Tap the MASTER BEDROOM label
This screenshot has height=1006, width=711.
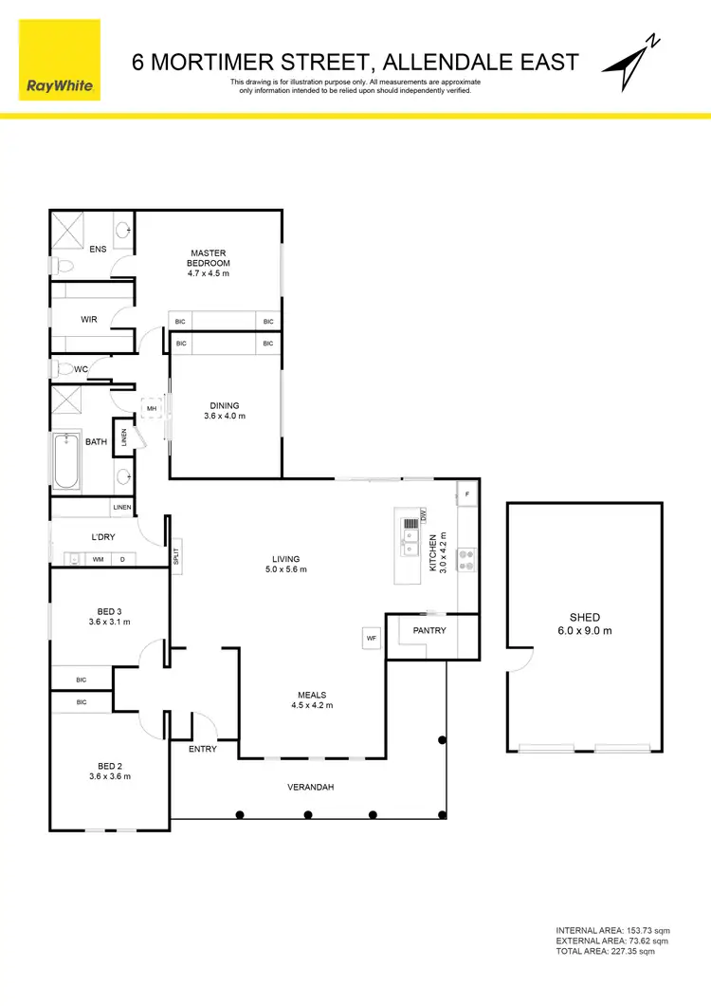point(209,258)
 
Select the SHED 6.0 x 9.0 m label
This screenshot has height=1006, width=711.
point(585,624)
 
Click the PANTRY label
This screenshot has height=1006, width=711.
point(429,630)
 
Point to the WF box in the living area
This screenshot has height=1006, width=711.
point(372,639)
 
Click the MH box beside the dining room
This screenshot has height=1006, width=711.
point(151,410)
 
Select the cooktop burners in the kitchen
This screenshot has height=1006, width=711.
point(465,560)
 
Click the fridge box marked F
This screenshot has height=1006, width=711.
point(467,494)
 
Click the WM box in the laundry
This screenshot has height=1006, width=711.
point(98,560)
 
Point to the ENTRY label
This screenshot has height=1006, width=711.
point(203,749)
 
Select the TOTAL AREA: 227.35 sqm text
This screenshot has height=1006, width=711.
point(605,951)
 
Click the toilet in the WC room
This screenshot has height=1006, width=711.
point(60,369)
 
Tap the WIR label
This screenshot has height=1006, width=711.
point(89,320)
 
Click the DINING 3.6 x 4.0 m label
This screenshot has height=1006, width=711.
point(225,411)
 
